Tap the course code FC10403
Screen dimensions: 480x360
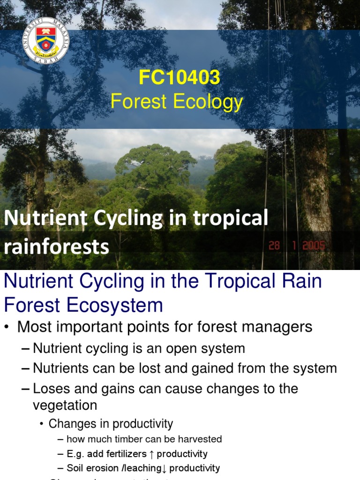180,78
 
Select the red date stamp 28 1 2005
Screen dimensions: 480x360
297,246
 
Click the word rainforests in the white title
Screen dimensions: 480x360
56,247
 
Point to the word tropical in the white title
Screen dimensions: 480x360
232,219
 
